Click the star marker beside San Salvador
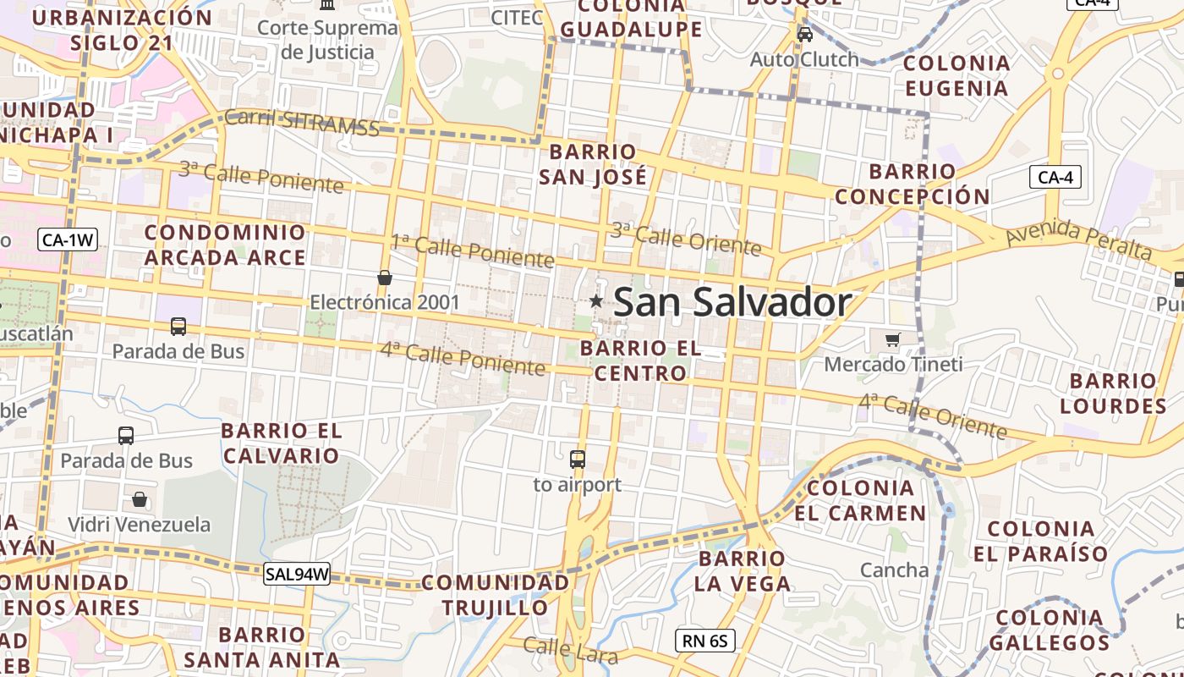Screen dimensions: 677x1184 point(596,300)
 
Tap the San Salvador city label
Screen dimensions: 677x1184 point(732,302)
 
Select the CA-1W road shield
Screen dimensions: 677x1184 point(69,240)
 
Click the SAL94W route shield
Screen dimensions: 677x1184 point(297,574)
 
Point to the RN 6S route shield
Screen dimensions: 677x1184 point(705,641)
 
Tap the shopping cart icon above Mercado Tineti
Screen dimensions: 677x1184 point(892,339)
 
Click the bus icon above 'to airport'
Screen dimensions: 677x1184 point(578,460)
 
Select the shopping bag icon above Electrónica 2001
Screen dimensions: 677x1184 point(385,278)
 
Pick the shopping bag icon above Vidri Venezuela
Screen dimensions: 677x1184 point(140,500)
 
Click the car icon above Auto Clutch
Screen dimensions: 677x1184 point(805,35)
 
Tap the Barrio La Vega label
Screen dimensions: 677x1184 point(743,570)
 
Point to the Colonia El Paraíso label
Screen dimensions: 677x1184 point(1041,542)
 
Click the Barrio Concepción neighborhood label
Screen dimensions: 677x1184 point(913,184)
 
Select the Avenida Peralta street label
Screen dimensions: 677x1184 point(1079,239)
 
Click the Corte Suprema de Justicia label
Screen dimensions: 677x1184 point(327,40)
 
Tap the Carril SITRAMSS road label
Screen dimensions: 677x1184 point(302,124)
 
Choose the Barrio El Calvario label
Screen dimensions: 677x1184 point(282,443)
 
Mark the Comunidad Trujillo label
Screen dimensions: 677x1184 point(496,595)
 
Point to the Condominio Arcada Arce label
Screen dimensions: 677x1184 point(225,245)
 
